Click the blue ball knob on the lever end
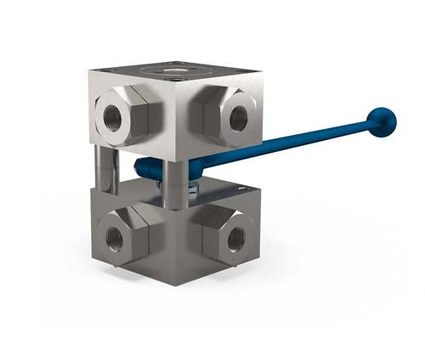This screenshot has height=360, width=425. pos(383,121)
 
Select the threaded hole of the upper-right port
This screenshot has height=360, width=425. pos(239,118)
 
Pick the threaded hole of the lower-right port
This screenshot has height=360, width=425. pos(235,238)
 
